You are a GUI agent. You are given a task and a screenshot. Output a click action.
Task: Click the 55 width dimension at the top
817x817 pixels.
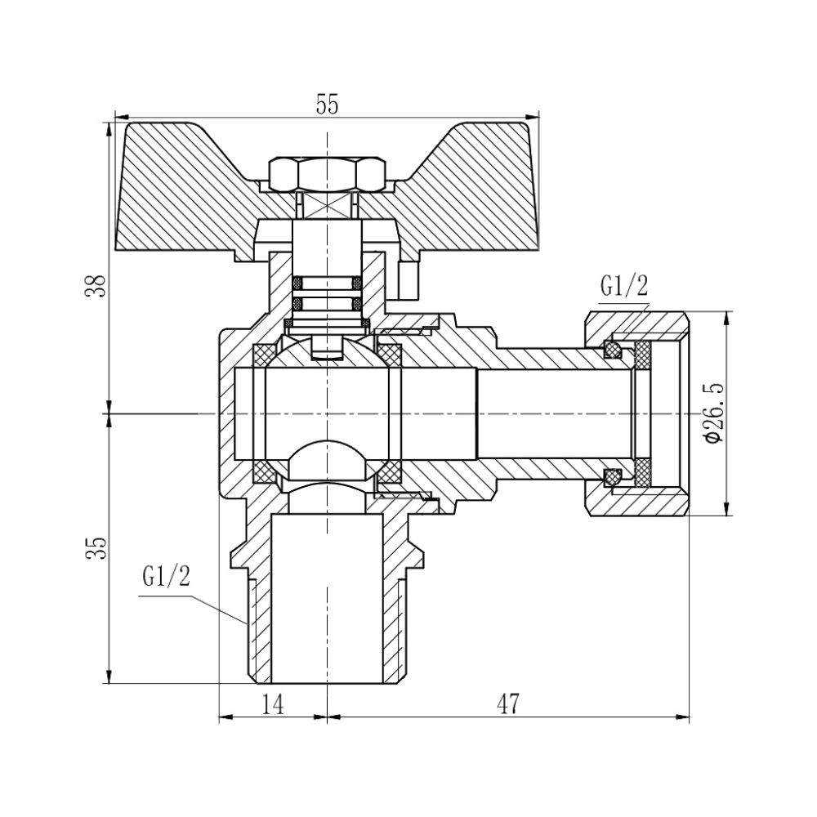coord(327,105)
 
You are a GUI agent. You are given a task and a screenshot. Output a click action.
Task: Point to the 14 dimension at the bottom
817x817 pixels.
coord(273,704)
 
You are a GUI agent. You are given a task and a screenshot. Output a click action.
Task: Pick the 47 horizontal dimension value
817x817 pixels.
coord(508,704)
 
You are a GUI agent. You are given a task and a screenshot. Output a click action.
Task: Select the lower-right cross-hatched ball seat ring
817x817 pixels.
coord(391,472)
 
